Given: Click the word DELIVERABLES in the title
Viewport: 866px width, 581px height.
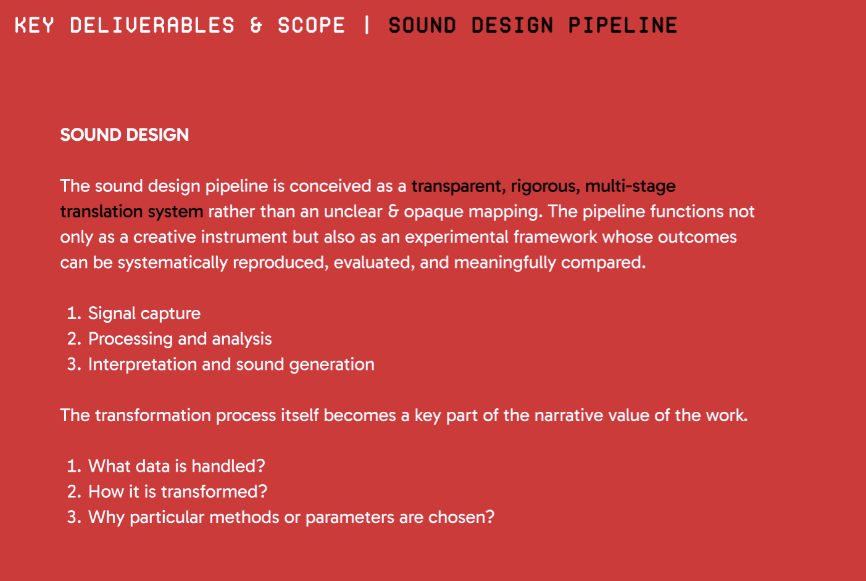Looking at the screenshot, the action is pyautogui.click(x=152, y=25).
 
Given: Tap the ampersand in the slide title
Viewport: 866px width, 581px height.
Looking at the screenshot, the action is pyautogui.click(x=256, y=25).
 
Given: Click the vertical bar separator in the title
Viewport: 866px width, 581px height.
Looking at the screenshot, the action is pyautogui.click(x=367, y=25).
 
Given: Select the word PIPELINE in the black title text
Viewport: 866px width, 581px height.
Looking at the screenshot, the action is pyautogui.click(x=622, y=25).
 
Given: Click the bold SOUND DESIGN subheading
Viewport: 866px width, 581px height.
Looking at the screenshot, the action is pyautogui.click(x=125, y=135).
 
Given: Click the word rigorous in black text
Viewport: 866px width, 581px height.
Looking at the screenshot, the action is pyautogui.click(x=545, y=187).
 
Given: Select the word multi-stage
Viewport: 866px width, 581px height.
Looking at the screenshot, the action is pyautogui.click(x=630, y=187).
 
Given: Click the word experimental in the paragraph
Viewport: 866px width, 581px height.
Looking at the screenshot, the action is pyautogui.click(x=457, y=238).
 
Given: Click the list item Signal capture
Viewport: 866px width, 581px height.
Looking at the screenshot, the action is pyautogui.click(x=144, y=314).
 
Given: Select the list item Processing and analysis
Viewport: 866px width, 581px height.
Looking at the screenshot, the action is pyautogui.click(x=180, y=339).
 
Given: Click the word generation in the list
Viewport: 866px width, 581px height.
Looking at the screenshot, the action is pyautogui.click(x=331, y=365).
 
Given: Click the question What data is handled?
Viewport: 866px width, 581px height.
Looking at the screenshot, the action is pyautogui.click(x=177, y=466).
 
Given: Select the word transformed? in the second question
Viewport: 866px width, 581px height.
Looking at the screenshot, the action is pyautogui.click(x=214, y=491).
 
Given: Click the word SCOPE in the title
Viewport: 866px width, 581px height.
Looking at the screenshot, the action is pyautogui.click(x=311, y=25).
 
